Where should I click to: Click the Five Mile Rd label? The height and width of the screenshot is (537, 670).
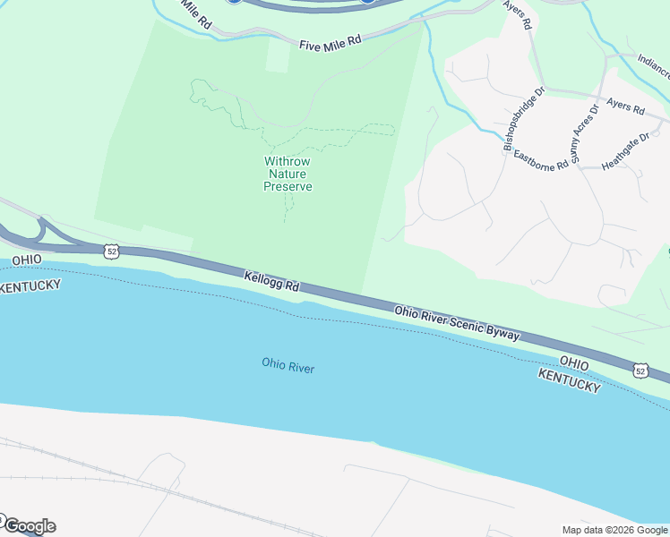click(330, 41)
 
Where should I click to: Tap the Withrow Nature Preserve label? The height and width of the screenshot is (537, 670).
click(288, 174)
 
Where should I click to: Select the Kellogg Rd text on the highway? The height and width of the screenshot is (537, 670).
click(271, 282)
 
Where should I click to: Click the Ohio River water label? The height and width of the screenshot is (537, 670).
click(288, 365)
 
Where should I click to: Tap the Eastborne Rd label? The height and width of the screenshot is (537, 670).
click(540, 160)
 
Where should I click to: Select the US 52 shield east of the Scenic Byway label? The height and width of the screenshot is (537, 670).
click(640, 370)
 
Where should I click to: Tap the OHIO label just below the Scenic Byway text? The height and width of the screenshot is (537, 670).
click(573, 363)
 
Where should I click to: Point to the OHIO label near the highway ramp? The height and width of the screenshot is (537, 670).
click(27, 260)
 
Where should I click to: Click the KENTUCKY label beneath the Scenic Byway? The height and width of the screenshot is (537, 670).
click(569, 379)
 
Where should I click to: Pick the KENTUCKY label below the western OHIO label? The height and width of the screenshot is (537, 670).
click(30, 286)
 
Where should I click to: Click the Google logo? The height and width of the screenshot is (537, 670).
click(29, 525)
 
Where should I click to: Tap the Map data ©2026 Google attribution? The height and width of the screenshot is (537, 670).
click(614, 529)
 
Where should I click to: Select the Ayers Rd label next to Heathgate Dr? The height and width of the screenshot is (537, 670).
click(625, 107)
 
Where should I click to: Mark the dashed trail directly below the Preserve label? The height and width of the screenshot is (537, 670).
click(288, 208)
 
